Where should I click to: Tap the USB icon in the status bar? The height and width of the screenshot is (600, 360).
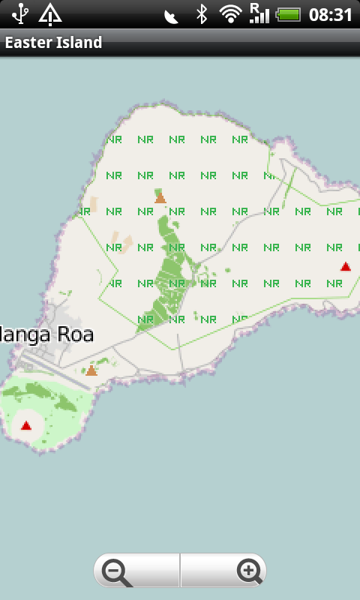point(20,13)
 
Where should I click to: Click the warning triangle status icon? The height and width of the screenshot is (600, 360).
point(50,13)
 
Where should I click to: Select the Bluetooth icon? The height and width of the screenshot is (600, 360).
point(201,13)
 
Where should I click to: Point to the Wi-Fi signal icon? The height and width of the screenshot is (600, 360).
point(230,13)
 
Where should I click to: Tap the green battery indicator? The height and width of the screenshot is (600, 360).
point(289,14)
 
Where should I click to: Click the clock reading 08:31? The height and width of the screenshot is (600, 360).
point(330,14)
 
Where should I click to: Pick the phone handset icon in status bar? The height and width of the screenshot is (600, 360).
point(171,15)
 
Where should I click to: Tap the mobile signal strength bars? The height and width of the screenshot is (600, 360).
point(260,16)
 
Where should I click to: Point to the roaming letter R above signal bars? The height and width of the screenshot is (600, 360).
point(255,7)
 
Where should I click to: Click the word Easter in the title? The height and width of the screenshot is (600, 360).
point(28,43)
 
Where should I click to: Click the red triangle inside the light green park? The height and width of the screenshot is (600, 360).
point(26,426)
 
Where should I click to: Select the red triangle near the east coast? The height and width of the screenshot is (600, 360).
point(346,266)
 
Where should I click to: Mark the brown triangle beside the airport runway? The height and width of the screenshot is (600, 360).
point(91,370)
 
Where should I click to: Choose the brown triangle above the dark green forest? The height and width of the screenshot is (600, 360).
point(160,198)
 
